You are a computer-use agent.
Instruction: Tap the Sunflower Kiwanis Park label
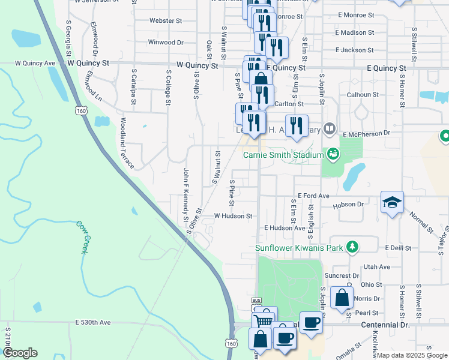[x=298, y=247]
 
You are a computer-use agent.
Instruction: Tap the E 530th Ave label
[x=93, y=322]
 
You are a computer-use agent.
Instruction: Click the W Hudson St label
[x=233, y=215]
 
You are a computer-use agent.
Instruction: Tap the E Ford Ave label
[x=313, y=196]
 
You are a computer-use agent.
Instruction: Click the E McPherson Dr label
[x=366, y=133]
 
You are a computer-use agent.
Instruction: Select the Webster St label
[x=166, y=20]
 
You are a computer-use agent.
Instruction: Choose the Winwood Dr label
[x=165, y=43]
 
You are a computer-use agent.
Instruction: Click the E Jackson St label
[x=355, y=50]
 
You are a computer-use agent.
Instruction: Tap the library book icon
[x=329, y=128]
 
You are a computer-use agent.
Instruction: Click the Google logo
[x=19, y=353]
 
